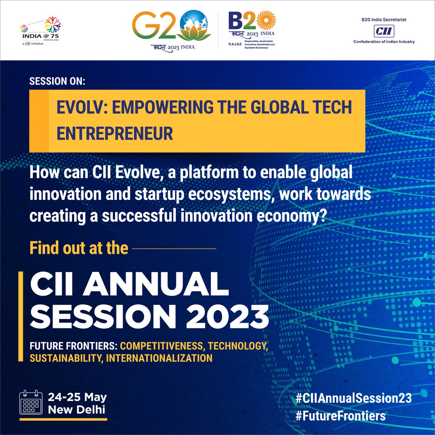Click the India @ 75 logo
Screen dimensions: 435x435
(x=41, y=32)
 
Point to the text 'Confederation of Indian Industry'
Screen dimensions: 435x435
(x=384, y=42)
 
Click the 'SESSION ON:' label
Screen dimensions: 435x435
(x=57, y=81)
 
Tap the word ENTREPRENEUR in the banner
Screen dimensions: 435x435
(x=115, y=133)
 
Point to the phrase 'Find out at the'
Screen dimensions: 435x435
(x=79, y=248)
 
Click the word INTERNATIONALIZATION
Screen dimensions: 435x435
(x=159, y=358)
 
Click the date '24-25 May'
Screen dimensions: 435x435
(x=77, y=397)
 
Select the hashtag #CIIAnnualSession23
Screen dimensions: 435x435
(x=353, y=398)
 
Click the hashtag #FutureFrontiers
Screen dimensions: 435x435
(x=340, y=415)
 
